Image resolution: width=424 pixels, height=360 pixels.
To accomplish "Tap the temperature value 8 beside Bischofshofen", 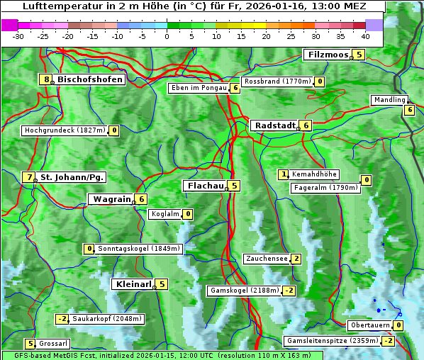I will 46,79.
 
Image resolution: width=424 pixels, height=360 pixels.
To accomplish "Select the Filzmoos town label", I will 328,55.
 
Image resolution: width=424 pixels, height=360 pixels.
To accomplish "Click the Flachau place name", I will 204,186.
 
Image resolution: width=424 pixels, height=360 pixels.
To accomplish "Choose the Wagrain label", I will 111,200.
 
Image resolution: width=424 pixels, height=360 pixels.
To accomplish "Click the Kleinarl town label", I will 133,284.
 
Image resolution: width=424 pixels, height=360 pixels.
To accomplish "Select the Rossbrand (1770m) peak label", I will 277,81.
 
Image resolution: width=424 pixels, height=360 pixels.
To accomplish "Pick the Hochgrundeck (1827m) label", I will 65,130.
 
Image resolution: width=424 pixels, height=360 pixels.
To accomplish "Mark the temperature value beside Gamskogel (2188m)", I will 289,291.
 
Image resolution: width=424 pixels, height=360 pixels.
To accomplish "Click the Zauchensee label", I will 266,259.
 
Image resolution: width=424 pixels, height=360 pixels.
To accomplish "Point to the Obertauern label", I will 369,325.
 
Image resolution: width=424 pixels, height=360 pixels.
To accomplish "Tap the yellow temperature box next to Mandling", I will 409,110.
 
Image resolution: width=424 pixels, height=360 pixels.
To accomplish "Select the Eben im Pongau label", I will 198,88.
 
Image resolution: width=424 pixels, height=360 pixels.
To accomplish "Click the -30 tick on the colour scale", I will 18,36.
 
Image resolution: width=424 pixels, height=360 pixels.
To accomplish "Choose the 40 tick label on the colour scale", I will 365,36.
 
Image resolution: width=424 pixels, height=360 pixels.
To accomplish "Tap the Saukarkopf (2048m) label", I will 107,319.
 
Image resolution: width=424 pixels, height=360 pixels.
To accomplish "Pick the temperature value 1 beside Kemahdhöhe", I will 284,174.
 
